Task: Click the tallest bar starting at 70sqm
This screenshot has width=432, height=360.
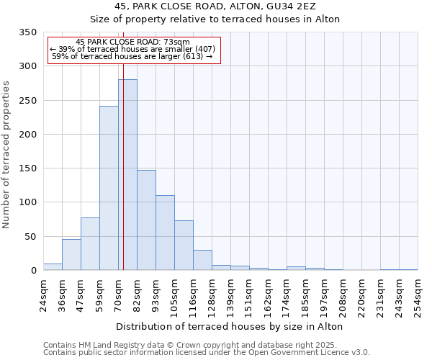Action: [x=127, y=175]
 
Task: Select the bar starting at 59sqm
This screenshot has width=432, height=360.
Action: [x=109, y=189]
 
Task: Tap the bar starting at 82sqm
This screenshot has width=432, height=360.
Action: [x=146, y=220]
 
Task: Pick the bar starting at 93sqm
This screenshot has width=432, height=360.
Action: [x=165, y=233]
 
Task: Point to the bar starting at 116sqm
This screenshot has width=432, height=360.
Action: [x=202, y=260]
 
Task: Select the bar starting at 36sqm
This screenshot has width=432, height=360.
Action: [x=71, y=255]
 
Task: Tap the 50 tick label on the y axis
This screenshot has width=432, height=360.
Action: [x=30, y=236]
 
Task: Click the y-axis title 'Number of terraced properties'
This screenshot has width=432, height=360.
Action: [x=6, y=155]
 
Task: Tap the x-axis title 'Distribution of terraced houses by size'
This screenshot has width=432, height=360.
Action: [x=229, y=326]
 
